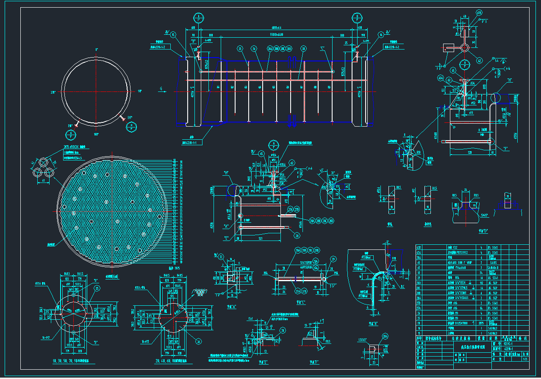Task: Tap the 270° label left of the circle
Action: click(x=53, y=91)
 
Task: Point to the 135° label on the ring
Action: click(x=130, y=117)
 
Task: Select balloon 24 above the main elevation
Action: click(x=253, y=49)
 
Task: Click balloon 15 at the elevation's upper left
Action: click(x=173, y=35)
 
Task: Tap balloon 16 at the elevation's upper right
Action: click(x=381, y=35)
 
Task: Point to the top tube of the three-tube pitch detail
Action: click(x=44, y=162)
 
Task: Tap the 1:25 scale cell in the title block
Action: click(x=525, y=359)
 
